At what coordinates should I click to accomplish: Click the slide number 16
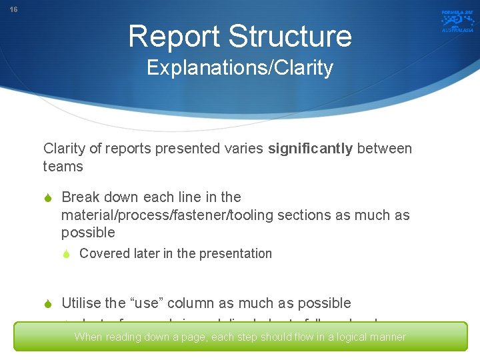(x=13, y=10)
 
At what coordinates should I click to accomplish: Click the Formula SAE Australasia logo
(x=457, y=21)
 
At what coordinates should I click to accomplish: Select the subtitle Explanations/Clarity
(x=239, y=68)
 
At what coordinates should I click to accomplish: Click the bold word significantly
(x=311, y=149)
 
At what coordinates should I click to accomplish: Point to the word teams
(x=63, y=167)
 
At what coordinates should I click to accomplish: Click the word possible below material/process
(x=88, y=233)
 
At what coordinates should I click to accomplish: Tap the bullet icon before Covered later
(x=67, y=254)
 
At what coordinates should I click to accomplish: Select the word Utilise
(x=81, y=303)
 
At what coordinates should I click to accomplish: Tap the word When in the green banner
(x=88, y=337)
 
